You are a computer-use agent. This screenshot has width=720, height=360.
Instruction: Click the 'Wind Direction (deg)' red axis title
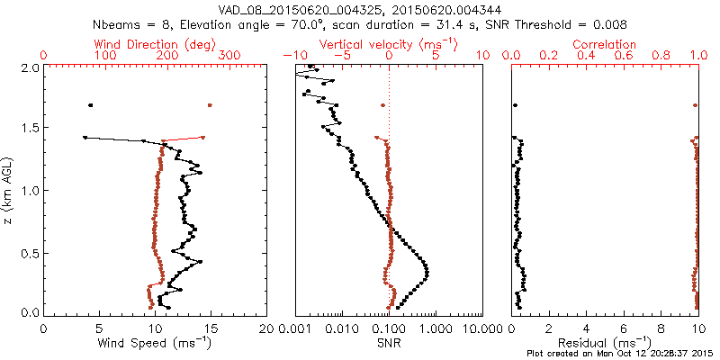point(155,45)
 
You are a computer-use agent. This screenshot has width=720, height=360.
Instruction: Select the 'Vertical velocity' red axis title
point(389,45)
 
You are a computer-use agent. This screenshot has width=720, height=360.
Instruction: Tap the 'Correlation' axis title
point(604,44)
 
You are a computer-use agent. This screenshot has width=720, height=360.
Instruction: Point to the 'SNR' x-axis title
point(389,343)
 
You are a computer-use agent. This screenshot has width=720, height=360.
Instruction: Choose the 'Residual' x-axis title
point(604,342)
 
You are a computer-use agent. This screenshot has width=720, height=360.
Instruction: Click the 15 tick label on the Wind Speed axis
point(211,328)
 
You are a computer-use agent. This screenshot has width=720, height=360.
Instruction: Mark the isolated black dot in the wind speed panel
point(91,105)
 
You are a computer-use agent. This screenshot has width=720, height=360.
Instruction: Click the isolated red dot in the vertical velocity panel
point(383,105)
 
